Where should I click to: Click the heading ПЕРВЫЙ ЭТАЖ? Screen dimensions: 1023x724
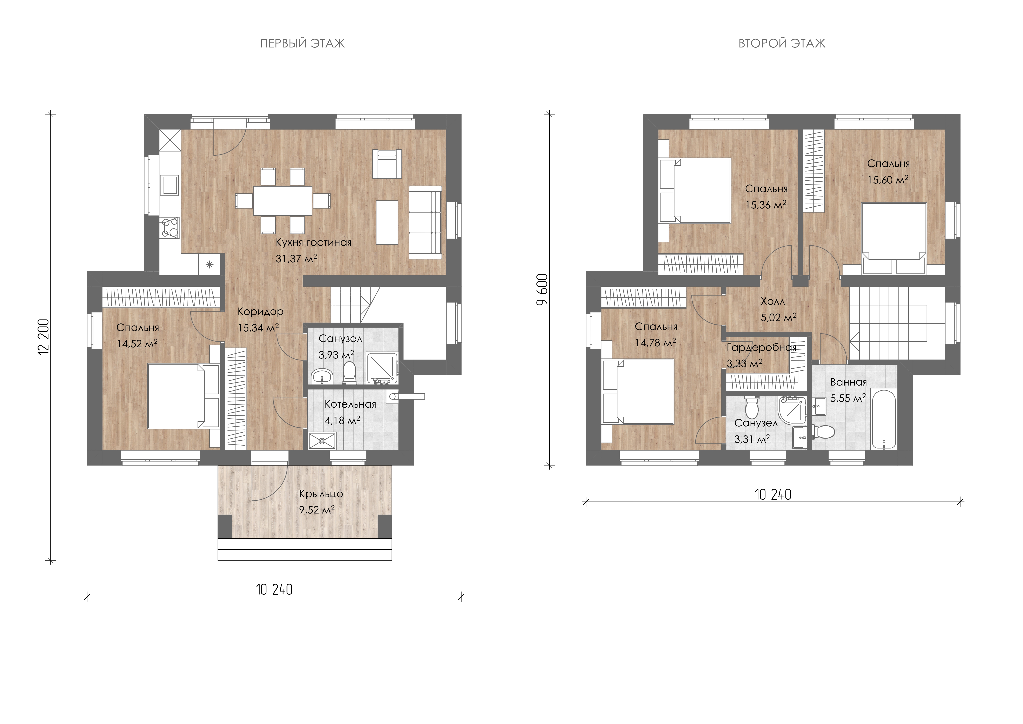(302, 43)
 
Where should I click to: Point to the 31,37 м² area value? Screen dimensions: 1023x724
(296, 259)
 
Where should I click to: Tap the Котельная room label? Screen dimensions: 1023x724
(350, 404)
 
